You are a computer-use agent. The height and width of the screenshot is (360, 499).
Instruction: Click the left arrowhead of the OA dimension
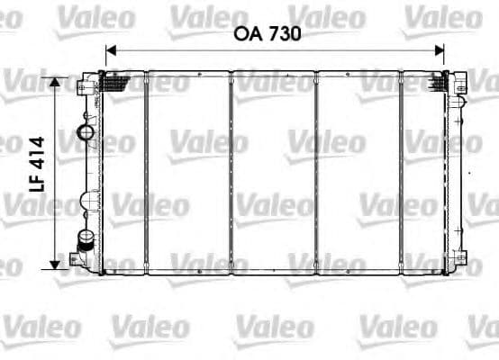[x=110, y=51]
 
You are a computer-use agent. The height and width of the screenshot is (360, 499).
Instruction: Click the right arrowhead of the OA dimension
[x=440, y=51]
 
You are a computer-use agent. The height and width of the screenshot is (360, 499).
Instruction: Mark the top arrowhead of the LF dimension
[x=56, y=82]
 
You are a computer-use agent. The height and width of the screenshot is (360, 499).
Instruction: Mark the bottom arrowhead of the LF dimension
[x=56, y=262]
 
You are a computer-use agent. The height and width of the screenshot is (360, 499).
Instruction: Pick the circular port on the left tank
[x=87, y=134]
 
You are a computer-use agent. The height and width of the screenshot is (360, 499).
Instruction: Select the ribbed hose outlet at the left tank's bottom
[x=86, y=240]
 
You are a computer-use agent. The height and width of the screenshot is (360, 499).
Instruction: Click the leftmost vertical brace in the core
[x=145, y=171]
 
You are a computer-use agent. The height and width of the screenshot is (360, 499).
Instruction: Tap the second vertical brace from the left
[x=231, y=171]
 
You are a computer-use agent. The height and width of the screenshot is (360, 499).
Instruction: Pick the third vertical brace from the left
[x=316, y=171]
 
